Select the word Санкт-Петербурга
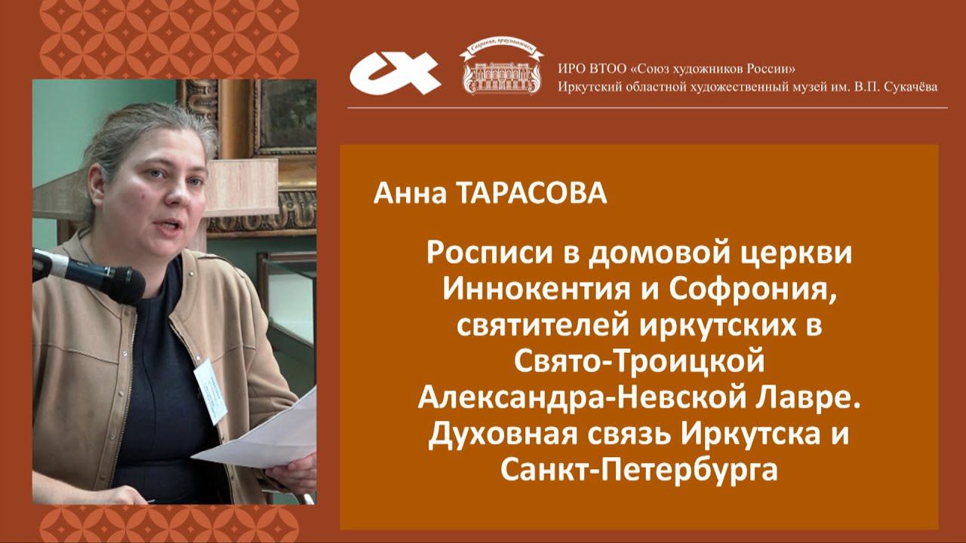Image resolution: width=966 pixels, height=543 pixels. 638,471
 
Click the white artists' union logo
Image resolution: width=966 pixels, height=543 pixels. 395,71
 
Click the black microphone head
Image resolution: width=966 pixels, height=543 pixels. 113,277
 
